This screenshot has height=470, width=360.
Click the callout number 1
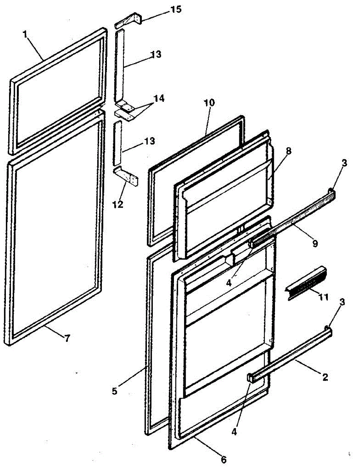(x=25, y=34)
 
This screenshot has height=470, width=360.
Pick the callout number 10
(x=209, y=103)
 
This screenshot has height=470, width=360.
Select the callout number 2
(x=324, y=377)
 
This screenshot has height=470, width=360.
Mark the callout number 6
(x=224, y=459)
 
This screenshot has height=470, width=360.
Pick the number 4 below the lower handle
(x=234, y=432)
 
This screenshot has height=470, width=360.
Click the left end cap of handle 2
(x=251, y=378)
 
